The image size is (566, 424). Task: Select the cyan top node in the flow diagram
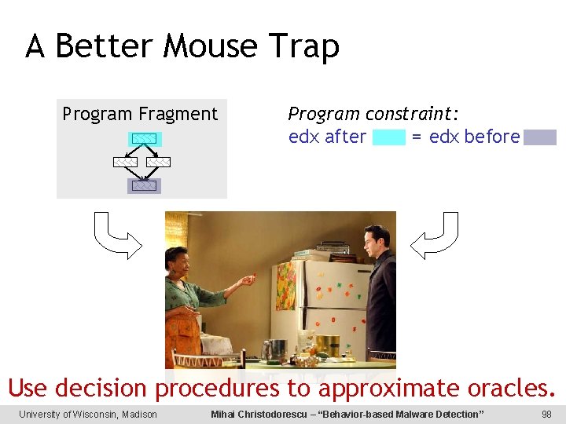(x=144, y=139)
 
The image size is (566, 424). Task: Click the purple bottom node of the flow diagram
(x=144, y=186)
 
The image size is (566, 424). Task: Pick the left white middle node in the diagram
(x=125, y=162)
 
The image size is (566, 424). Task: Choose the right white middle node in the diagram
(x=158, y=162)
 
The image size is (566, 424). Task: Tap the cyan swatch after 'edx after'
(x=388, y=138)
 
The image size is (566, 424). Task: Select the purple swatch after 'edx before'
(x=540, y=138)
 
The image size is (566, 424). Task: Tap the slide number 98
(x=546, y=415)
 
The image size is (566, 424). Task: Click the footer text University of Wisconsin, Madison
(x=88, y=415)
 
